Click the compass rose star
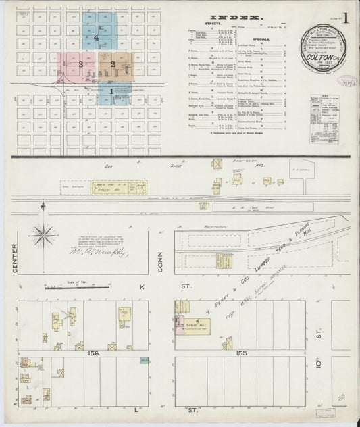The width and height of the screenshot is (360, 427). click(x=43, y=235)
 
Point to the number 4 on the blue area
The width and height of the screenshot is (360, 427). click(x=97, y=39)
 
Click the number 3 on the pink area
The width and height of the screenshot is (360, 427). click(x=80, y=64)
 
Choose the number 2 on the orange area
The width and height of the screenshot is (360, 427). click(x=113, y=64)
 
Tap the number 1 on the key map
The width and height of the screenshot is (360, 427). click(x=111, y=91)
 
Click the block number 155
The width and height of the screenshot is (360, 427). click(x=242, y=352)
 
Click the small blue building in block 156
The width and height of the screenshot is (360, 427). click(x=143, y=361)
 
